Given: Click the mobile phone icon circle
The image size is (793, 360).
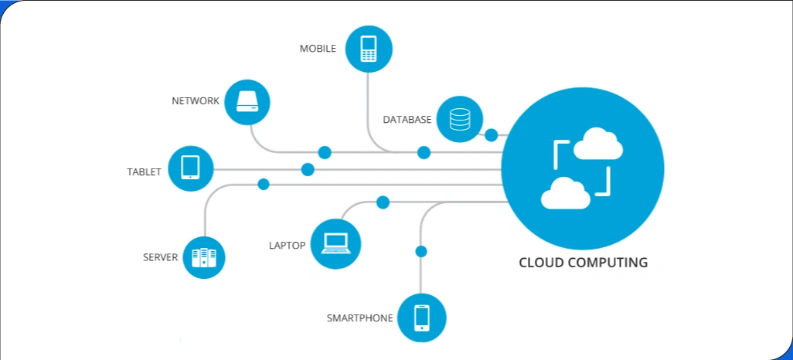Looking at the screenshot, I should (369, 49).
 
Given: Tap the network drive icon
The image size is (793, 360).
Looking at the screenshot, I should (247, 101).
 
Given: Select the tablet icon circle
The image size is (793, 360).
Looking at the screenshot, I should (190, 168).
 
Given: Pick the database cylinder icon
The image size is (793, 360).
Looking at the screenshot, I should (459, 120).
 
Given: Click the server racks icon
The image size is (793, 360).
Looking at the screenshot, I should (203, 257).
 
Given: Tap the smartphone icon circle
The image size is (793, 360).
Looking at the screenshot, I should (421, 318).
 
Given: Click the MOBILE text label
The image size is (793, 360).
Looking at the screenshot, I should (318, 49).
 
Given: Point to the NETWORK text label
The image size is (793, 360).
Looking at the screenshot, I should (196, 101).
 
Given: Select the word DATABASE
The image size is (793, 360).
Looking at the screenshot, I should (407, 120).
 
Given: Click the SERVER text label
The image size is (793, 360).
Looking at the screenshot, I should (160, 257).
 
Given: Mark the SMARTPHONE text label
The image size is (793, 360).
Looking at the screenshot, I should (359, 318).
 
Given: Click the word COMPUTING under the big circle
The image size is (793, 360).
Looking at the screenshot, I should (608, 263).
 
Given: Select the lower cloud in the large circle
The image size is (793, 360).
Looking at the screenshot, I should (566, 194).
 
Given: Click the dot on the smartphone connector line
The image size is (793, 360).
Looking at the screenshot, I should (421, 251).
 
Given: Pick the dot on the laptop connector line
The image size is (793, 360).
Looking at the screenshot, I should (383, 202).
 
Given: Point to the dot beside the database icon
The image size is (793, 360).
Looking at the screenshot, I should (491, 135).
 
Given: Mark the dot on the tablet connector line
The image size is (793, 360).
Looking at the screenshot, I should (308, 169).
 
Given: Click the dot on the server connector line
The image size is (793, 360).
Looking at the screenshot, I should (264, 184).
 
